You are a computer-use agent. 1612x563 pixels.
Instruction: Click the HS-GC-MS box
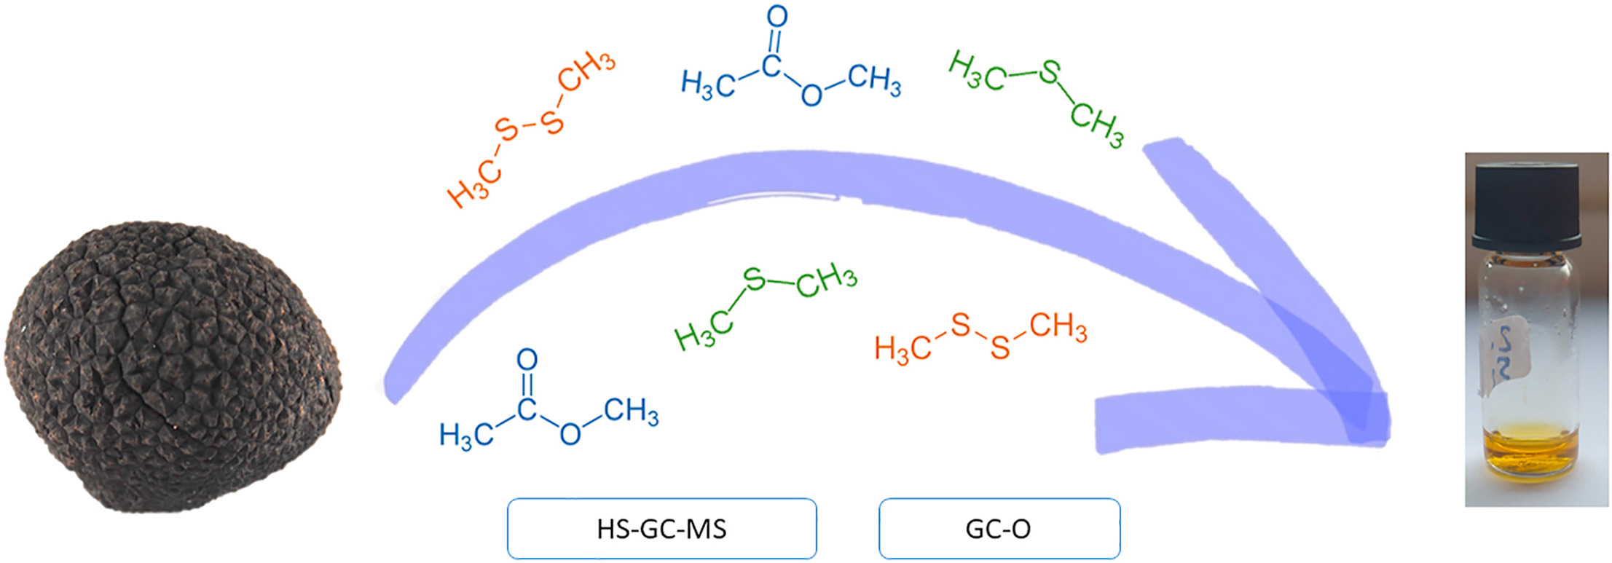(x=661, y=529)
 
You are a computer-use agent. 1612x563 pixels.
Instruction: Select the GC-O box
(x=999, y=529)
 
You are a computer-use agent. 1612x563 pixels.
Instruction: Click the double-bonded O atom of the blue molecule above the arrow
(x=777, y=16)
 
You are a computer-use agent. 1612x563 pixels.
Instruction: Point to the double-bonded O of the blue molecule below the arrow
(x=527, y=359)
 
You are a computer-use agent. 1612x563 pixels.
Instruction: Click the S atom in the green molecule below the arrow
(x=755, y=279)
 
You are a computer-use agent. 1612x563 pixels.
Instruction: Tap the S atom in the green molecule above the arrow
(x=1050, y=71)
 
